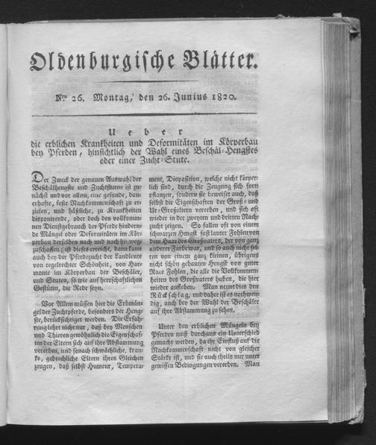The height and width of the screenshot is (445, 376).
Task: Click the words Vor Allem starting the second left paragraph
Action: (x=57, y=306)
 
